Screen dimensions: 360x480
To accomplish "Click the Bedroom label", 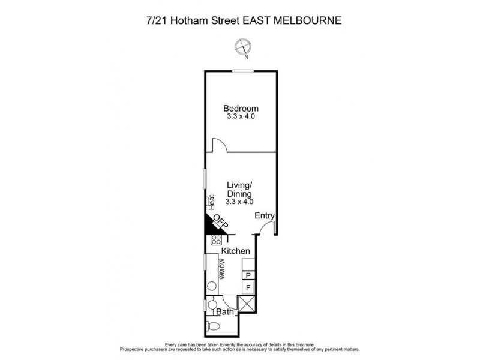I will (239, 109).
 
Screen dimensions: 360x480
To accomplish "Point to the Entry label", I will (264, 216).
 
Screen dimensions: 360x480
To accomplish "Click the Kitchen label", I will (235, 250).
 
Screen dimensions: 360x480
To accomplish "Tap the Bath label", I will (225, 312).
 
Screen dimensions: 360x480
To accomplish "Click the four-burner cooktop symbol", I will (216, 240).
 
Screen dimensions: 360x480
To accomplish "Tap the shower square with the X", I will (246, 304).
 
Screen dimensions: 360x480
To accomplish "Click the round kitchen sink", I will (211, 287).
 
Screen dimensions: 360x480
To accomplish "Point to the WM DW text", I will (221, 269).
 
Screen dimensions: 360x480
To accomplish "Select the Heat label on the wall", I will (212, 201).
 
